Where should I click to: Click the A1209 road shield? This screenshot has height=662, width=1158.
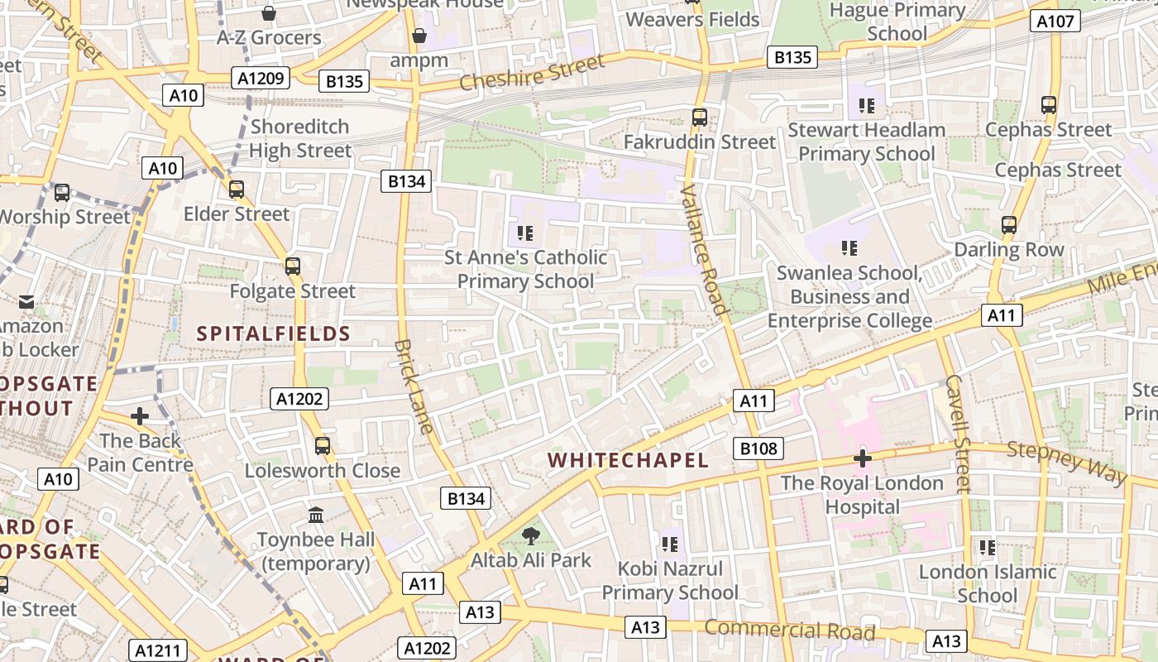click(x=261, y=79)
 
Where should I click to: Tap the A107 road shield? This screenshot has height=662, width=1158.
click(x=1055, y=22)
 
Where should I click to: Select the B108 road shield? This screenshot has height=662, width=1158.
click(x=758, y=449)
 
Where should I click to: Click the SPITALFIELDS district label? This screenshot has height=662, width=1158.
click(x=274, y=334)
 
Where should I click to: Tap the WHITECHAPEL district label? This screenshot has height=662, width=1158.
click(x=628, y=460)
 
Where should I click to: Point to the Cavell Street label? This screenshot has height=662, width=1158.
click(x=958, y=434)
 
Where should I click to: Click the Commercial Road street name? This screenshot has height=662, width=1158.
click(x=789, y=631)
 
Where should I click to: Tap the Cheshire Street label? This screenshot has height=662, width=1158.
click(x=532, y=73)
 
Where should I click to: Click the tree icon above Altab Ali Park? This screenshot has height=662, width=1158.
click(x=530, y=536)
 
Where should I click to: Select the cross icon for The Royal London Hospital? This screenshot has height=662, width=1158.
click(x=862, y=458)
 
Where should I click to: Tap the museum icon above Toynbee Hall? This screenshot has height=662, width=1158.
click(x=315, y=516)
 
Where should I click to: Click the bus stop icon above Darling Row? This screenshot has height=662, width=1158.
click(x=1008, y=225)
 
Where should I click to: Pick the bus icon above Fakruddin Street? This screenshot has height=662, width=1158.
click(x=700, y=118)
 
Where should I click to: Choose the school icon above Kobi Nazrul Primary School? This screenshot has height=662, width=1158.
click(x=670, y=544)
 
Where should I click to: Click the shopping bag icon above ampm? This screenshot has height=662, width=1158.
click(x=419, y=36)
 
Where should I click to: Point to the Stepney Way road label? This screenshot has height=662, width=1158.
click(x=1067, y=463)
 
